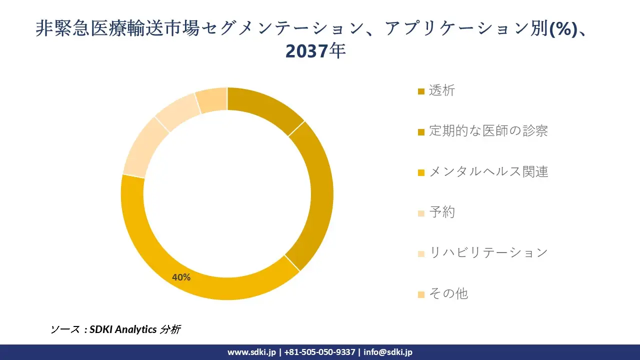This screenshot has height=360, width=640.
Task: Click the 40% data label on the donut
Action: tap(181, 277)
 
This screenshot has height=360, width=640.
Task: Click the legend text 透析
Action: tap(442, 90)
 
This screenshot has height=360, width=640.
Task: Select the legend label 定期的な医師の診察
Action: tap(488, 131)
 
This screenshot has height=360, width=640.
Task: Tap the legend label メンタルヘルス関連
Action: tap(488, 171)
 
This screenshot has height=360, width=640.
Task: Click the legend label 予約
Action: tap(442, 212)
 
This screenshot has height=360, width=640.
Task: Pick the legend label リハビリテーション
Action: tap(488, 252)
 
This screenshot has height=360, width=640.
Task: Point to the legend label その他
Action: tap(448, 293)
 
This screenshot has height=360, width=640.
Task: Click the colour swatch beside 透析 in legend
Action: tap(421, 91)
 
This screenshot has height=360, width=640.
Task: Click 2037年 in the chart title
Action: tap(316, 51)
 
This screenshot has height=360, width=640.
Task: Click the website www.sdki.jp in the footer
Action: tap(251, 352)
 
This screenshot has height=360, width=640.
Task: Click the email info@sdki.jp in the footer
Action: tap(388, 352)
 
